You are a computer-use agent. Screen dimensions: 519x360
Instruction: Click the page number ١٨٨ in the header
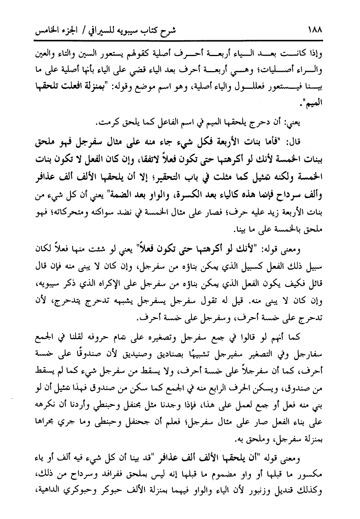(x=314, y=29)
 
